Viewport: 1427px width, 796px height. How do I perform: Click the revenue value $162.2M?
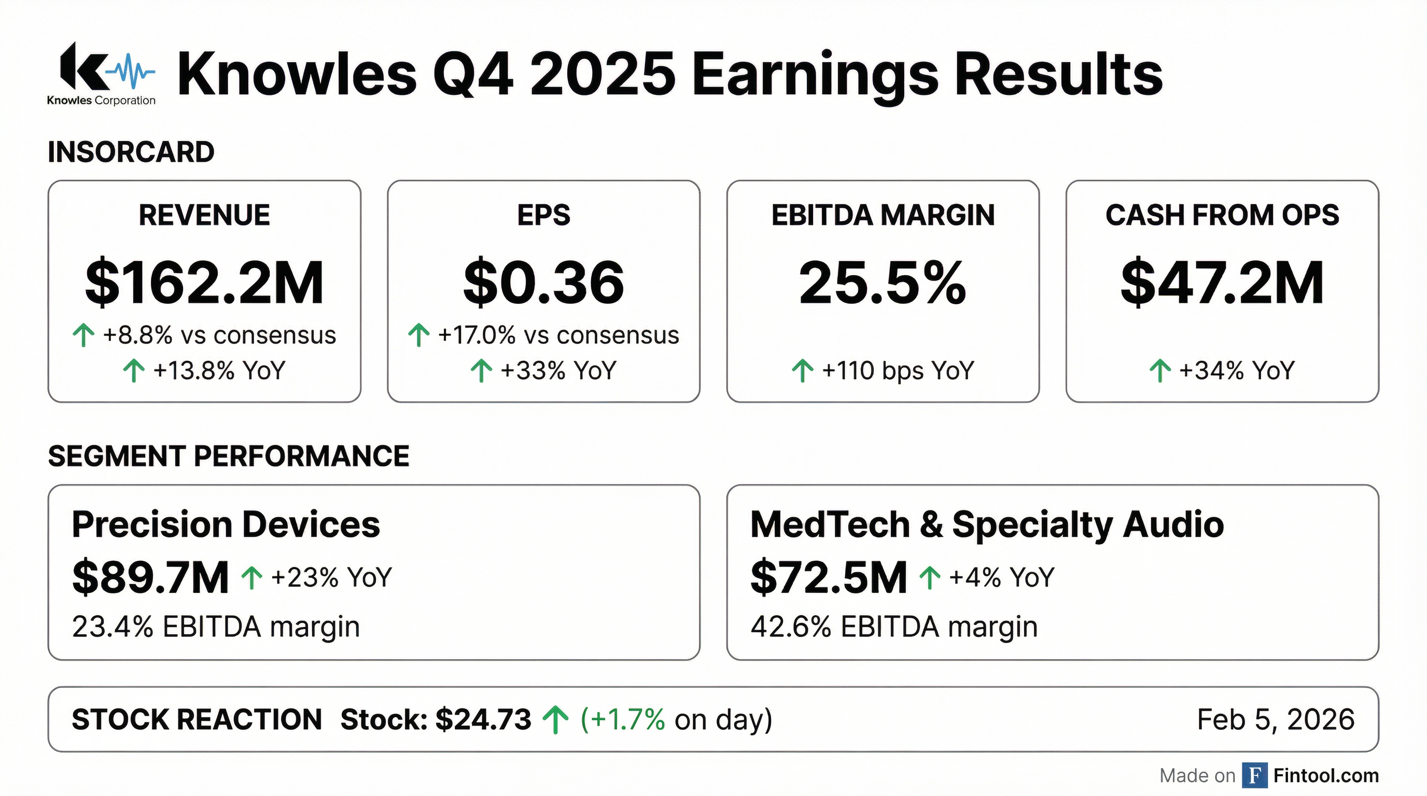point(204,283)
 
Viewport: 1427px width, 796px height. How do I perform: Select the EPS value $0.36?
point(543,283)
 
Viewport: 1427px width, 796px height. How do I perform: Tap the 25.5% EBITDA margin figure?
point(883,283)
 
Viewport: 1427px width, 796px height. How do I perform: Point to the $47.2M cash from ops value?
point(1222,283)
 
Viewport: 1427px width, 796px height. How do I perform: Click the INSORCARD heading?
point(131,152)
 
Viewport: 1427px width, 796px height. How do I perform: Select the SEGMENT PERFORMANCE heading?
point(228,456)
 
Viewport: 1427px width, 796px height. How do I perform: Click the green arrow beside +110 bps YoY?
point(802,371)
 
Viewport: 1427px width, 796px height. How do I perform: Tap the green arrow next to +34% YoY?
point(1159,371)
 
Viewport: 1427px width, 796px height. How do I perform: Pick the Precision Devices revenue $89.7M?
point(150,577)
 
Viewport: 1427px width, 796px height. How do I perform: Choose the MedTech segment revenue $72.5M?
point(828,577)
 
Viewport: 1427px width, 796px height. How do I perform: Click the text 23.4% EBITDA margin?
point(216,627)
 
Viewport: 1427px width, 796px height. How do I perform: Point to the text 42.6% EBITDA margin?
point(893,627)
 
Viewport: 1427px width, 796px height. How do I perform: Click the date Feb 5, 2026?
point(1275,719)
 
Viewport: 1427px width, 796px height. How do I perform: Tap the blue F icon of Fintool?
point(1255,775)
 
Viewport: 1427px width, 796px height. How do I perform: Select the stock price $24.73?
point(483,719)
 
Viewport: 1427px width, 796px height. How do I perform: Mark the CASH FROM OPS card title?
point(1222,215)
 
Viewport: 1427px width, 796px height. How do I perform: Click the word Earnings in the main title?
point(815,75)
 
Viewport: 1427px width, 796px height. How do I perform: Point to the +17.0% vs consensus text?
point(558,335)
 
